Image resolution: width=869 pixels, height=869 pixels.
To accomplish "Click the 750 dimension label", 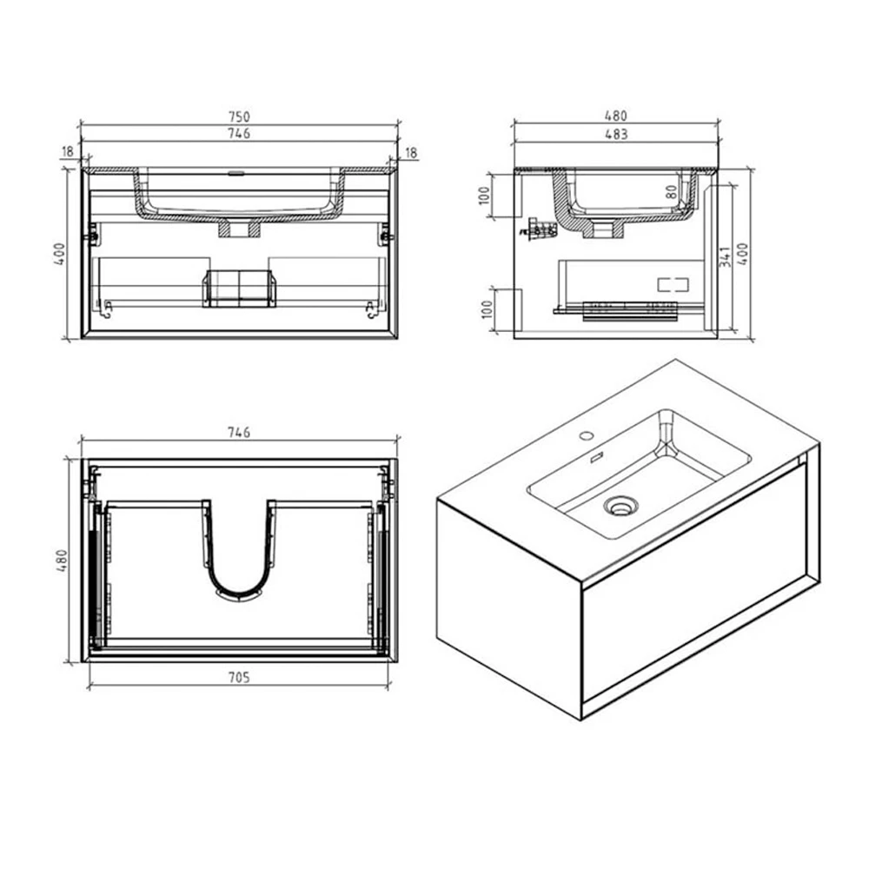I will point(239,116).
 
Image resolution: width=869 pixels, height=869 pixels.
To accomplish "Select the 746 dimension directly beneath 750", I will point(239,133).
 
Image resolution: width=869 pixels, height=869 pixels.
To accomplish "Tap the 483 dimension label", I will point(615,134).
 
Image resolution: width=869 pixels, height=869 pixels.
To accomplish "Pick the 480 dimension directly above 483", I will point(615,116).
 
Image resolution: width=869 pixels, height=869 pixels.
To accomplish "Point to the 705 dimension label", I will point(239,678).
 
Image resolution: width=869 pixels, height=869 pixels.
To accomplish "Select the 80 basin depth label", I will point(672,191).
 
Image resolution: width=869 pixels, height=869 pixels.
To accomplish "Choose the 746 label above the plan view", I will point(239,432).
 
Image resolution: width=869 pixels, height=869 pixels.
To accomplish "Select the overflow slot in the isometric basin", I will point(598,458).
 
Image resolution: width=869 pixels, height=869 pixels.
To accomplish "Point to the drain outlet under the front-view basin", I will point(238,229).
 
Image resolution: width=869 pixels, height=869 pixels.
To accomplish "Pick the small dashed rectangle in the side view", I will point(672,283).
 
